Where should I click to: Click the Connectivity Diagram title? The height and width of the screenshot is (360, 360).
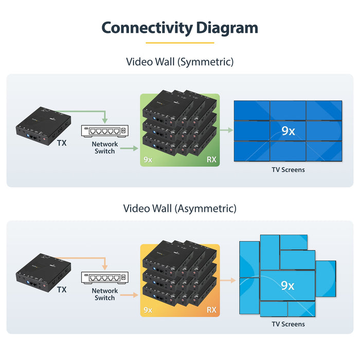179,27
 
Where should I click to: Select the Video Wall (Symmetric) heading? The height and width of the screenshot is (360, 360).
179,62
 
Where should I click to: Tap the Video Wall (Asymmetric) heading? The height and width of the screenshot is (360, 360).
179,209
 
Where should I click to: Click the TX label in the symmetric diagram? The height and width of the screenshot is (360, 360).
62,143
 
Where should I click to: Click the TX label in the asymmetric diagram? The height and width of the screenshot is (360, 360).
62,290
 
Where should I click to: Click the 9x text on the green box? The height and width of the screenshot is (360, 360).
148,159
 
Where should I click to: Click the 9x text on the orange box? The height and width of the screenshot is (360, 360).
148,310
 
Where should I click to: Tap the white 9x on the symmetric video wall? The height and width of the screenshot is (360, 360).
288,131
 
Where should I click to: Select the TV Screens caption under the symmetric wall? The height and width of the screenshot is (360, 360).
288,170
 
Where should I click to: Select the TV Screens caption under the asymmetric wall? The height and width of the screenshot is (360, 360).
288,324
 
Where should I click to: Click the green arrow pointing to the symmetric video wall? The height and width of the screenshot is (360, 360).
226,131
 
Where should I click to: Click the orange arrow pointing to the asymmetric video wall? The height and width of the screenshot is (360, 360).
227,281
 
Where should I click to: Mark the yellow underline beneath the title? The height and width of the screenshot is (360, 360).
179,43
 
